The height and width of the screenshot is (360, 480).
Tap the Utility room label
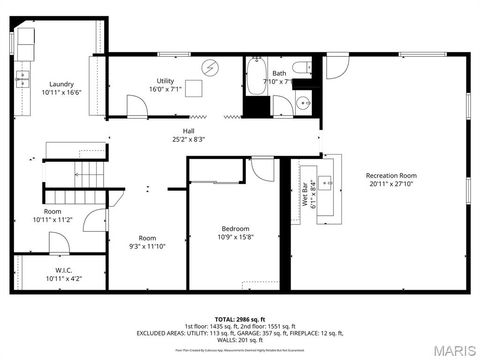coord(165,80)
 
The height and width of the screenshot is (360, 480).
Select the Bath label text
coord(278,73)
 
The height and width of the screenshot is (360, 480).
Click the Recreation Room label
coord(391,175)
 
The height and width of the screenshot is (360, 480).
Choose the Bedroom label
coord(236,228)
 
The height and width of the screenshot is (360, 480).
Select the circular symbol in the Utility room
coord(210,68)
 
